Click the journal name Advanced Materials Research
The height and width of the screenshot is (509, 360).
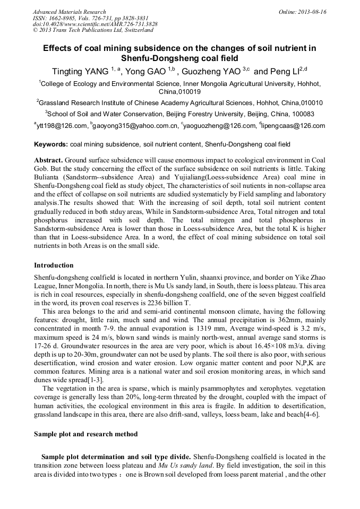tap(69, 12)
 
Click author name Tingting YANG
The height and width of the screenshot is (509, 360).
tap(80, 71)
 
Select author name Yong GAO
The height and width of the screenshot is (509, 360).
tap(145, 71)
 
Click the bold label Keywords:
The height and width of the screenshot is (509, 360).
tap(51, 144)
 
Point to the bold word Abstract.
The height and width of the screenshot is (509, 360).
tap(49, 160)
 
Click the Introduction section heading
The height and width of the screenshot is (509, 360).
tap(54, 265)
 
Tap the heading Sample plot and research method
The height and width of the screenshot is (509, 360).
tap(83, 434)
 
